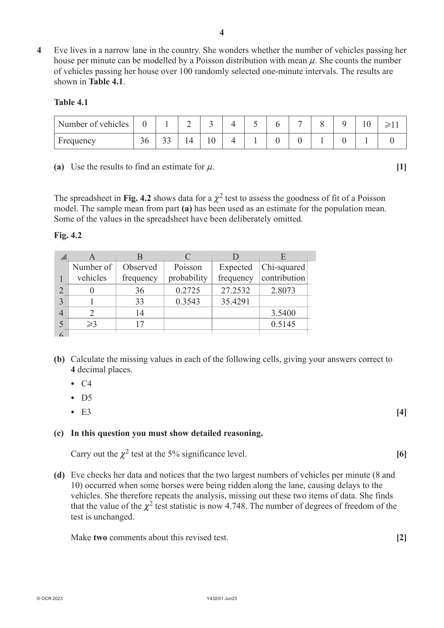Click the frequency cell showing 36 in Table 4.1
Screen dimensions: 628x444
click(144, 141)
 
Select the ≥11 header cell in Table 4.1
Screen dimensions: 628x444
click(392, 124)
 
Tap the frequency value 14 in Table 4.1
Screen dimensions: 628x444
click(189, 141)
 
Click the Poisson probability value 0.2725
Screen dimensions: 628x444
click(187, 290)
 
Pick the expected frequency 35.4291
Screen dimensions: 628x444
click(235, 301)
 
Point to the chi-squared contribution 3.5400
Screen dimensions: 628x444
click(283, 313)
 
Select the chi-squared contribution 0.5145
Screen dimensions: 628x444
click(283, 324)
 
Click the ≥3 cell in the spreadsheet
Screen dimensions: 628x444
click(92, 324)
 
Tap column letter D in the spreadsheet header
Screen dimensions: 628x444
click(235, 256)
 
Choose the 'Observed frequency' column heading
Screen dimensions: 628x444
click(140, 273)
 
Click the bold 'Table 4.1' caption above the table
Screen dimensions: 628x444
click(71, 102)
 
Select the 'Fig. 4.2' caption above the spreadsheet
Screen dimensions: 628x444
click(68, 235)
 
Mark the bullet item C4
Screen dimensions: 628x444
click(86, 384)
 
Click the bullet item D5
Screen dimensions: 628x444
click(86, 398)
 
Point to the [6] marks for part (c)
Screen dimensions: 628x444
click(401, 454)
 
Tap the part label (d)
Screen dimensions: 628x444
click(59, 475)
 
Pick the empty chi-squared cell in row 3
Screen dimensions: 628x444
click(283, 301)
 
